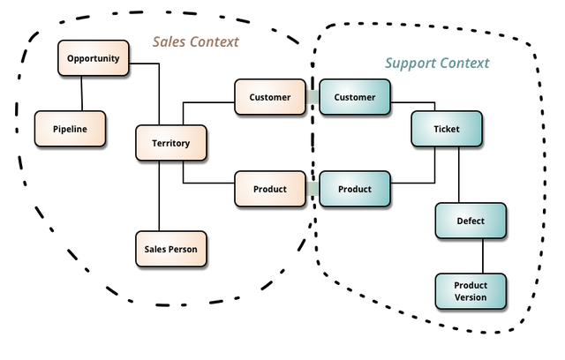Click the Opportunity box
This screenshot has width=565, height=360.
94,58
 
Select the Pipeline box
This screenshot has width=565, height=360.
70,129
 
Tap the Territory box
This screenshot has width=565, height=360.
170,143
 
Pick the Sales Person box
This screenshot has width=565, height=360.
170,249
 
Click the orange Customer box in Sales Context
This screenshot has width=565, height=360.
270,97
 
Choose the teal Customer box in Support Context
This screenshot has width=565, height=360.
355,97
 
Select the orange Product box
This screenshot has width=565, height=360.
270,189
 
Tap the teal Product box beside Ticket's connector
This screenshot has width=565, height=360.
355,189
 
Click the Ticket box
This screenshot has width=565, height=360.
447,129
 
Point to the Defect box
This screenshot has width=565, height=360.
471,221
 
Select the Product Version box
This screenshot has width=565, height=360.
471,291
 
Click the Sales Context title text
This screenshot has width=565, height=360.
196,41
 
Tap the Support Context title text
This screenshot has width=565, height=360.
437,64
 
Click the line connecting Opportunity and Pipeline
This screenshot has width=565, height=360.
82,94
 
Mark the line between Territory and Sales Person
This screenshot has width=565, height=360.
159,196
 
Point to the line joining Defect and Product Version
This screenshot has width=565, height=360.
483,256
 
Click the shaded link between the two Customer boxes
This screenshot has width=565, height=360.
313,97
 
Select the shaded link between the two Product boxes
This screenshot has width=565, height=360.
313,189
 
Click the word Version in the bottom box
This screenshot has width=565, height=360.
471,297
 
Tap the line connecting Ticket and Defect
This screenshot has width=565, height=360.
459,175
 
